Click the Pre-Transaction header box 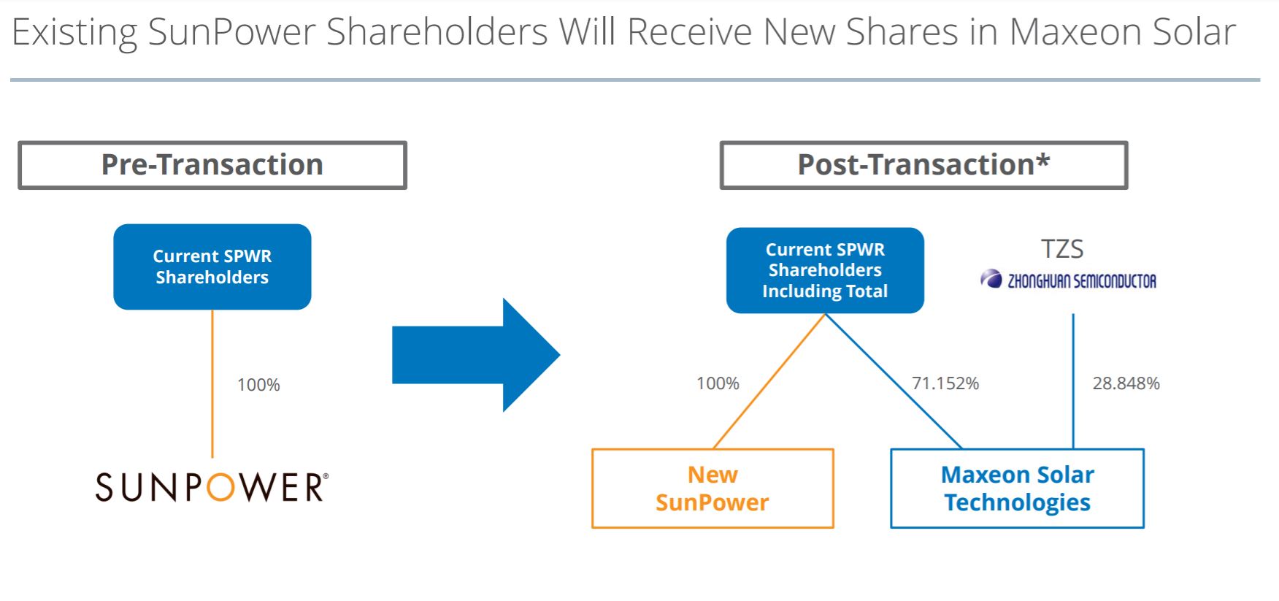212,165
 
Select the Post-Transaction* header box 923,165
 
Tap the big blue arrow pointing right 476,355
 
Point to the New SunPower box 713,489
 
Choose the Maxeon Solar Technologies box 1017,489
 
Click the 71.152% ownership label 945,383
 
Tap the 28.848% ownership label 1126,383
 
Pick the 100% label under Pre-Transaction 258,385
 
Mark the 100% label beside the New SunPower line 718,383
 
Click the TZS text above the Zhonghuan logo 1062,249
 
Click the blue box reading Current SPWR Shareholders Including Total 825,270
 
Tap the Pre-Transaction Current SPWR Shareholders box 212,267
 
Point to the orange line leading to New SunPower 769,381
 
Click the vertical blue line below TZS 1073,381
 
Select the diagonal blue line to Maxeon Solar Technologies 894,381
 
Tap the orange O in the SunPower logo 220,487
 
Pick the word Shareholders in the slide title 437,32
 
